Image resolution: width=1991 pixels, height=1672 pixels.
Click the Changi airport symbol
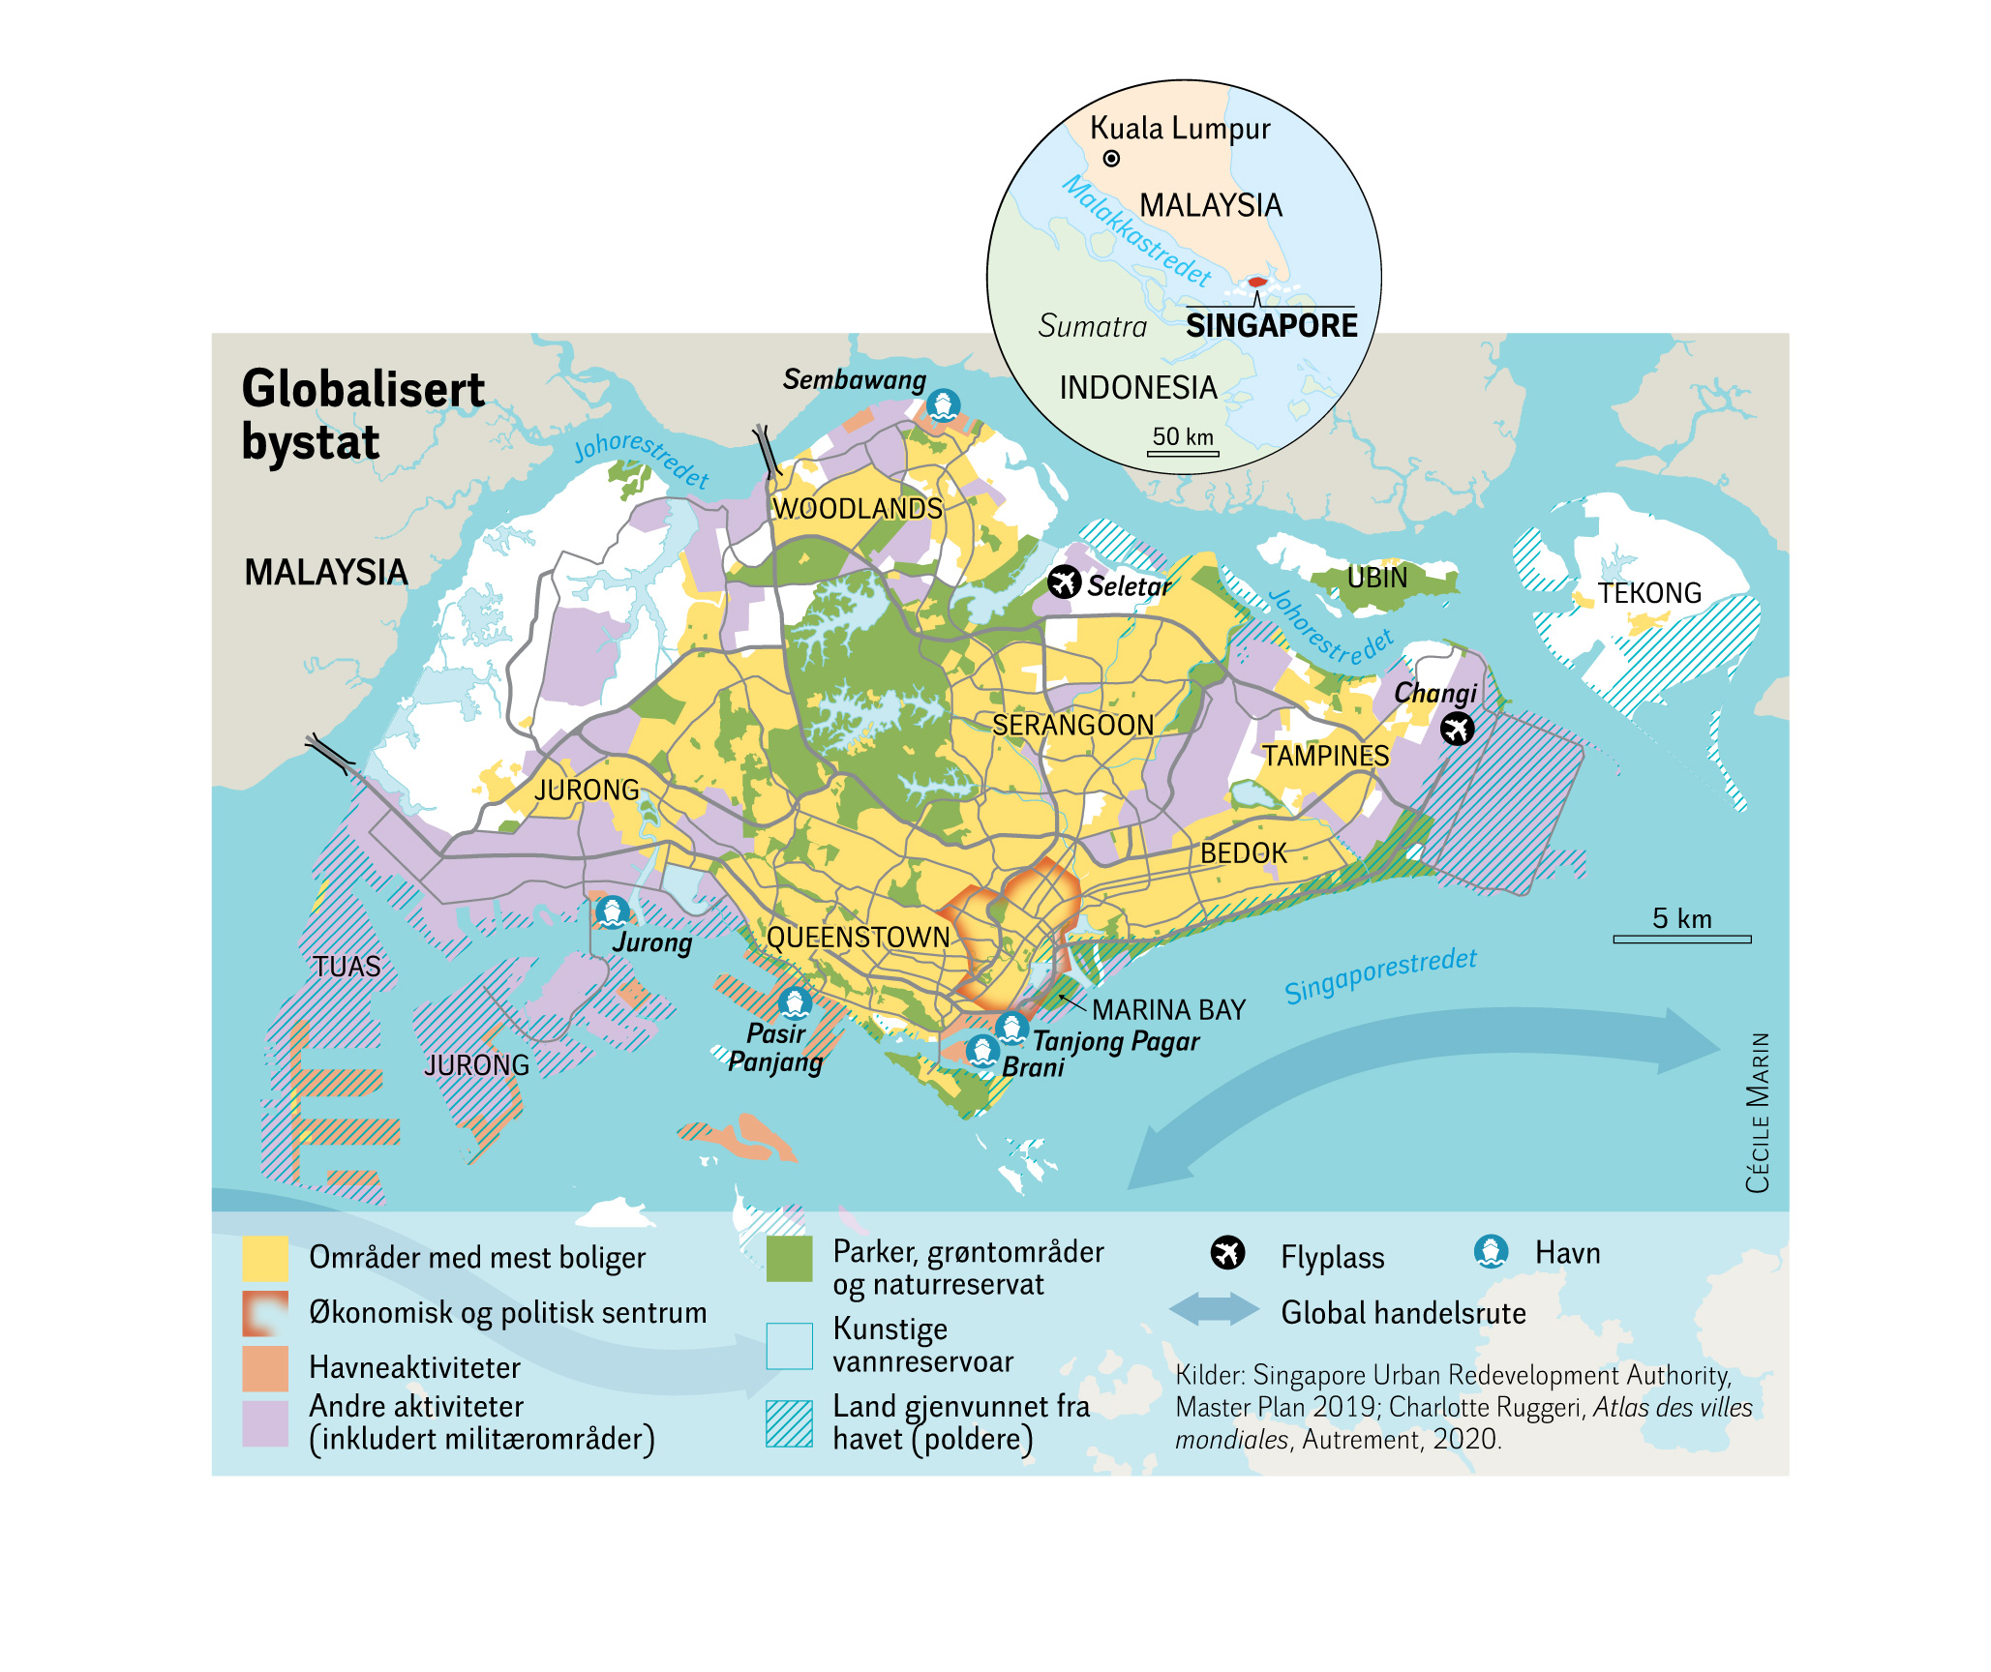tap(1456, 729)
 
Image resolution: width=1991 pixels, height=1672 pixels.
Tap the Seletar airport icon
tap(1064, 582)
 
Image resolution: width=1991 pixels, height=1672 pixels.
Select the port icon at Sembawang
tap(942, 404)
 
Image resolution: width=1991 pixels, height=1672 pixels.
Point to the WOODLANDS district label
tap(857, 509)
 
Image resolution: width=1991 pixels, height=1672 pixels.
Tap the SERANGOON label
tap(1072, 725)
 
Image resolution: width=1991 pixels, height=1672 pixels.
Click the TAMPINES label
tap(1325, 756)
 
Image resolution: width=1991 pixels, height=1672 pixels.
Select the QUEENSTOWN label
tap(858, 937)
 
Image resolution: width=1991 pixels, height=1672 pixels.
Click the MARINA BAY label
tap(1168, 1010)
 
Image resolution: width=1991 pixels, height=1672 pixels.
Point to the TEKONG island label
tap(1648, 593)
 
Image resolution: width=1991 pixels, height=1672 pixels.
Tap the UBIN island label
tap(1376, 578)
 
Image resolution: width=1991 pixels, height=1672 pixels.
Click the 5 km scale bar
tap(1681, 938)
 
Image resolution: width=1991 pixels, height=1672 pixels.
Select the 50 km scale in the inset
tap(1183, 451)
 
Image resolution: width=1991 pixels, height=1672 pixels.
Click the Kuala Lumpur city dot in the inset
tap(1111, 159)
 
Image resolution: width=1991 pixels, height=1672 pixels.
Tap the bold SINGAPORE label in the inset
tap(1271, 326)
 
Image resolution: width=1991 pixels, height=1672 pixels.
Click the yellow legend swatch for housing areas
tap(264, 1258)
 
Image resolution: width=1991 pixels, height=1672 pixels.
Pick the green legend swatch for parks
tap(789, 1258)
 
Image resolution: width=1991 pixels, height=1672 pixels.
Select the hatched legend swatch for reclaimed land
tap(789, 1423)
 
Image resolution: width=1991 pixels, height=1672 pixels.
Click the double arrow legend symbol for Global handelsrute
tap(1214, 1310)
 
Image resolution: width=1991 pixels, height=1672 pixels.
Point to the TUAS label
tap(347, 967)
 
